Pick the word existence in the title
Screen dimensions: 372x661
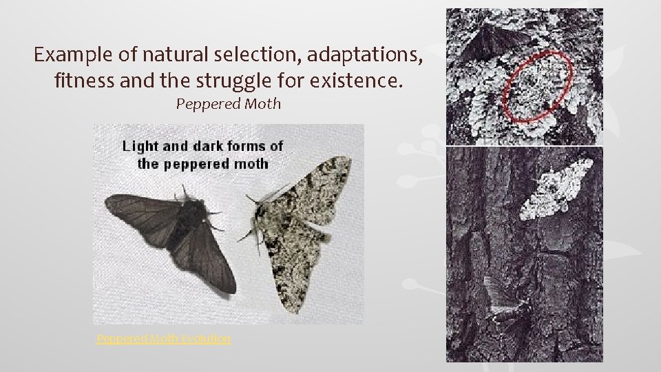point(356,81)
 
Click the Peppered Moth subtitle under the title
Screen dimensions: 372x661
point(229,105)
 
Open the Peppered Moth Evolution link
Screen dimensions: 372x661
point(164,338)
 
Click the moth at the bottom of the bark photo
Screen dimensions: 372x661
point(506,307)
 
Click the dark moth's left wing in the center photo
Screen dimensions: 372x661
point(138,214)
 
